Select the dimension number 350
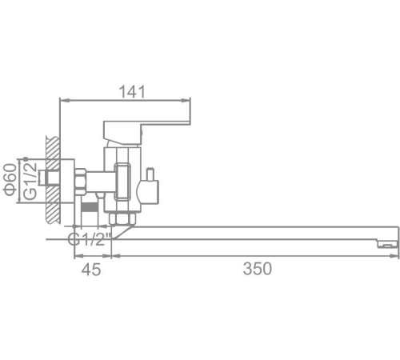point(256,269)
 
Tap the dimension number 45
point(91,269)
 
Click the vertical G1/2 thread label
point(30,182)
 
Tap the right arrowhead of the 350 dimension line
point(394,257)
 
